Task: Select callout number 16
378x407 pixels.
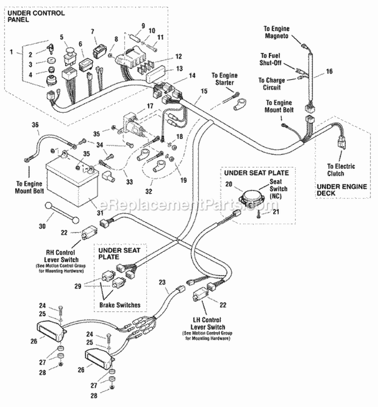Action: pyautogui.click(x=329, y=72)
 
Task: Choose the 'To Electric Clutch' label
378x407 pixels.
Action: pyautogui.click(x=341, y=170)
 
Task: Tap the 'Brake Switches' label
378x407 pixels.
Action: pyautogui.click(x=120, y=305)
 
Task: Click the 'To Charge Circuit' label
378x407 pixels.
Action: pyautogui.click(x=271, y=83)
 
